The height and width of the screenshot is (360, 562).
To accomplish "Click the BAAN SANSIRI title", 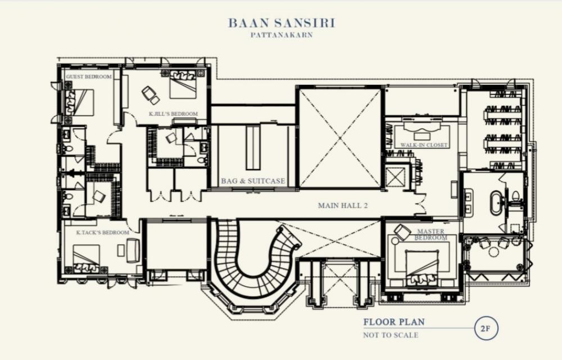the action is click(282, 23).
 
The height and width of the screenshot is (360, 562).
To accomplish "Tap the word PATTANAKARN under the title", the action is click(282, 35).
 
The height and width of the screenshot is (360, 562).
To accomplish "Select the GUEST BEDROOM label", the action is click(89, 76).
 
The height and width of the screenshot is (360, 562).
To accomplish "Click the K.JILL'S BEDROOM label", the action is click(174, 114).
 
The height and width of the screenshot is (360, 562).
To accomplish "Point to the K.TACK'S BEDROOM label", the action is click(102, 232).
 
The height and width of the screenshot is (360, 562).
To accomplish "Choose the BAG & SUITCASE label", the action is click(253, 181).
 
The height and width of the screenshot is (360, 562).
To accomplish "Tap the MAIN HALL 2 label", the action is click(343, 205).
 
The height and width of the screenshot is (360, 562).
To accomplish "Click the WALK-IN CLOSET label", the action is click(424, 145).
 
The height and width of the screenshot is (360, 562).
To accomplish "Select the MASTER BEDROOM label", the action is click(431, 235).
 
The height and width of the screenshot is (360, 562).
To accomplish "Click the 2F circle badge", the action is click(486, 328).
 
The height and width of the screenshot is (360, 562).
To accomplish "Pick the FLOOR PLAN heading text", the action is click(394, 322).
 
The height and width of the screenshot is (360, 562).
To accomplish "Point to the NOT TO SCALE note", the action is click(391, 335).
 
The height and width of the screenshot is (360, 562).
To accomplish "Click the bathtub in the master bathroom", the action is click(497, 203).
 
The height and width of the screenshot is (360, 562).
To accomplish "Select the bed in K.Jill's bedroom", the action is click(183, 85).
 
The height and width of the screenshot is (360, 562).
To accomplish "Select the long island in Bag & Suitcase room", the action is click(253, 148).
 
